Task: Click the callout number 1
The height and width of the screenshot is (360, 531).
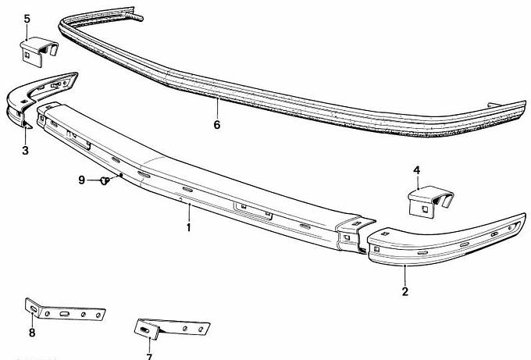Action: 189,227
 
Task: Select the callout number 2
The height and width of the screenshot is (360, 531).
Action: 405,291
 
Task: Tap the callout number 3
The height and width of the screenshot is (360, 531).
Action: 26,150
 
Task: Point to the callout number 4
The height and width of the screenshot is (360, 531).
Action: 416,170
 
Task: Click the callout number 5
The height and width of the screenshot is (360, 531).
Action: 27,19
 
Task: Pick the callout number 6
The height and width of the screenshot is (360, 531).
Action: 217,125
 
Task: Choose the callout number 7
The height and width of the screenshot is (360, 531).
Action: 149,356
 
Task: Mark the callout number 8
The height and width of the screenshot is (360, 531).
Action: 32,333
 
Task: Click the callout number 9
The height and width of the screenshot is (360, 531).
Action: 82,180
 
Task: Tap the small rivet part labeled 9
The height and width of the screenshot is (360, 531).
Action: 105,181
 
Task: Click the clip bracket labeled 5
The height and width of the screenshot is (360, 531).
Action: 38,51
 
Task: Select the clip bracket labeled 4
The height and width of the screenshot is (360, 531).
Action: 429,201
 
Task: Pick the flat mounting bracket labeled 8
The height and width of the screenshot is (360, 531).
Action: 65,310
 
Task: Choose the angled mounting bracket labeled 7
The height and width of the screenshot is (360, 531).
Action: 171,328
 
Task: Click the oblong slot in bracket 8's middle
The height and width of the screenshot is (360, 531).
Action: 64,314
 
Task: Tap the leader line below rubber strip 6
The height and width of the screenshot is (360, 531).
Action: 217,108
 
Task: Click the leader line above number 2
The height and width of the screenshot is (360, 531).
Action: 405,276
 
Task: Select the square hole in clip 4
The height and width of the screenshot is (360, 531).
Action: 425,209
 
